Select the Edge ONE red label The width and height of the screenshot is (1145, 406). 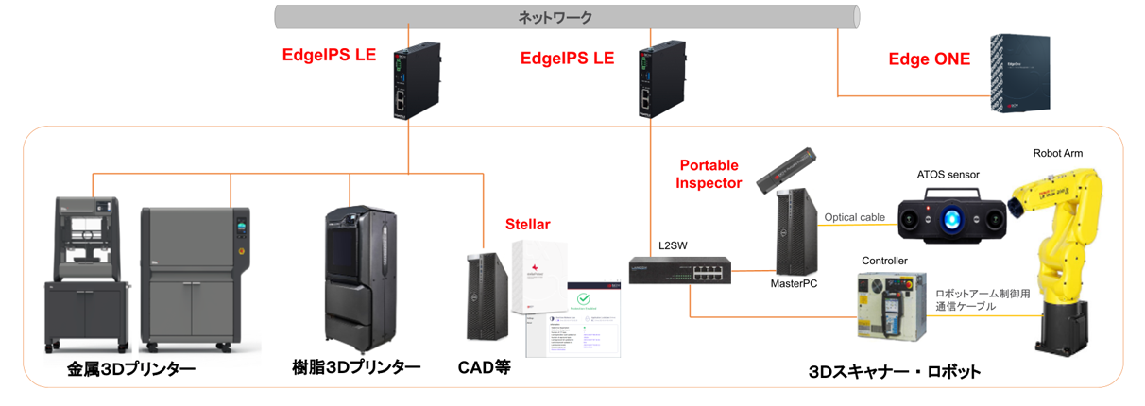929,59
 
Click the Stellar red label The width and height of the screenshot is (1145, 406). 526,225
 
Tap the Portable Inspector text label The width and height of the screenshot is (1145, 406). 708,174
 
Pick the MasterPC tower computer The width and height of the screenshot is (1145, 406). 795,232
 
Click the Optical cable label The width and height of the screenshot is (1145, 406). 854,217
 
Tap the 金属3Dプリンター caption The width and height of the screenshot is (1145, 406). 130,369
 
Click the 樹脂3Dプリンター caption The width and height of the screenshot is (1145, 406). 356,367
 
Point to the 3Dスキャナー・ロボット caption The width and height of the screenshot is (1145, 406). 894,371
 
